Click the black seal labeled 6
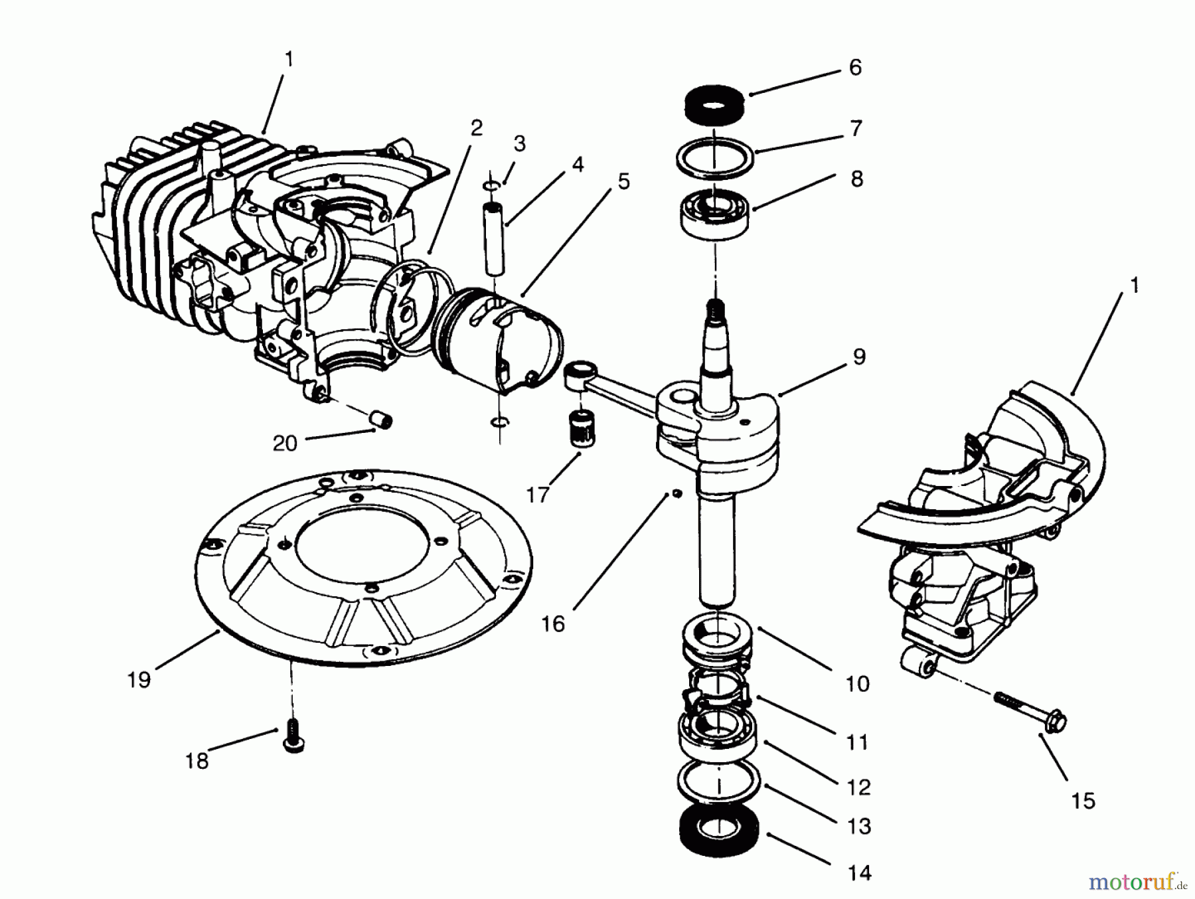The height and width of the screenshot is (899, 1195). [714, 105]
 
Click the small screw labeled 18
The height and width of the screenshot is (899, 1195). [293, 744]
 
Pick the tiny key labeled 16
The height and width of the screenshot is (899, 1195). [675, 493]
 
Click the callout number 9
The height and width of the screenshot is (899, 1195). [858, 357]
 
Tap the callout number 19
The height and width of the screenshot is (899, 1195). [139, 680]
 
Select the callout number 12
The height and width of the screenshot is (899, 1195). [858, 787]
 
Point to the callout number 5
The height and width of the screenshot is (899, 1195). [623, 181]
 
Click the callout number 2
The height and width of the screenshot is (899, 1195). [476, 127]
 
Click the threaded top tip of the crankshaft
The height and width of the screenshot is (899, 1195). [715, 308]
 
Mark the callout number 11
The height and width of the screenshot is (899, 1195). [857, 742]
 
